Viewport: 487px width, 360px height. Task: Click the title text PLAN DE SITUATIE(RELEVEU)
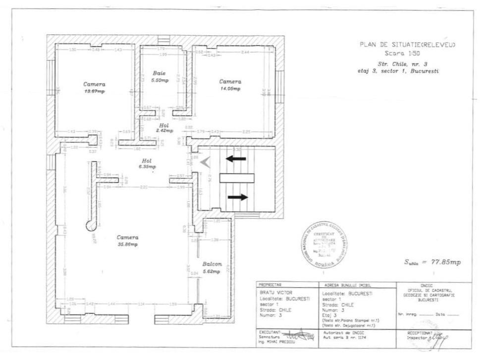click(407, 45)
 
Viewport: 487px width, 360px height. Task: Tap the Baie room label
click(159, 73)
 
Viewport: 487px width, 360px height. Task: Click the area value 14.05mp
click(230, 89)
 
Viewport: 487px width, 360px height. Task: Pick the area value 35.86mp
click(127, 245)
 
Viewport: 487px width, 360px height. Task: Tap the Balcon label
click(212, 264)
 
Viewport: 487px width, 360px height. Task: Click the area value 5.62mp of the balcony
click(212, 271)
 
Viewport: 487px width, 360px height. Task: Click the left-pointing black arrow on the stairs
click(236, 159)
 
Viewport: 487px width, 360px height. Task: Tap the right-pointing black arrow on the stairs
click(238, 197)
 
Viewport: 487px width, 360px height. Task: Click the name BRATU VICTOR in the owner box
click(272, 293)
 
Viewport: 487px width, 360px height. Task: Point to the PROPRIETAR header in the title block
click(270, 285)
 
